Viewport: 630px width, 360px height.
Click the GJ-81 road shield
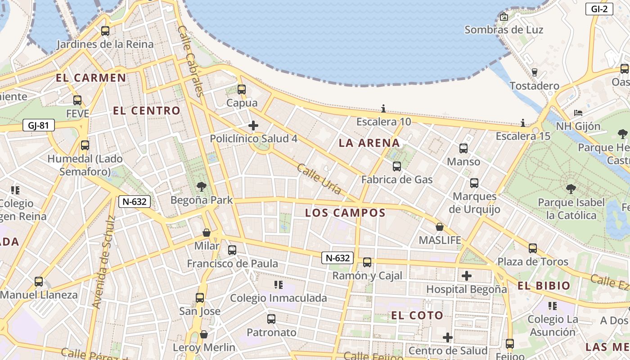coord(38,125)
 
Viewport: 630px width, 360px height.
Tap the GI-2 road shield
coord(599,9)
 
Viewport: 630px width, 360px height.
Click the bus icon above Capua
coord(242,89)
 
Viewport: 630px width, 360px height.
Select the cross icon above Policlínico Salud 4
coord(253,125)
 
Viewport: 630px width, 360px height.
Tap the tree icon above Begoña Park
coord(202,186)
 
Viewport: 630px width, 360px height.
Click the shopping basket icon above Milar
coord(207,233)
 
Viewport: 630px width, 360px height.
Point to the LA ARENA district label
coord(369,143)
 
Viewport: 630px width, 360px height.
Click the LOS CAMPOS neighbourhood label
coord(345,213)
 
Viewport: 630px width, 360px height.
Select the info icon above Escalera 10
coord(383,108)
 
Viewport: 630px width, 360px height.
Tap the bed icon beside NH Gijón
coord(578,112)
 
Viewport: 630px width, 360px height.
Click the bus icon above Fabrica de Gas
coord(396,166)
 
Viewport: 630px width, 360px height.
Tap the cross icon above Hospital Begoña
coord(467,275)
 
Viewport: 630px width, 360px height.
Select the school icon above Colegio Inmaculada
coord(278,284)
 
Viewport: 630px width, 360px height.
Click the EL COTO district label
coord(417,315)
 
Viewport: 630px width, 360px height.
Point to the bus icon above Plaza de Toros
coord(533,248)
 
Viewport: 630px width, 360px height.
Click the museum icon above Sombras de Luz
coord(504,17)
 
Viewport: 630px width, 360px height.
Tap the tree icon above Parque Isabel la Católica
coord(571,189)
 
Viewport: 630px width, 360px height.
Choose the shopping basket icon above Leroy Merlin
coord(204,334)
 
